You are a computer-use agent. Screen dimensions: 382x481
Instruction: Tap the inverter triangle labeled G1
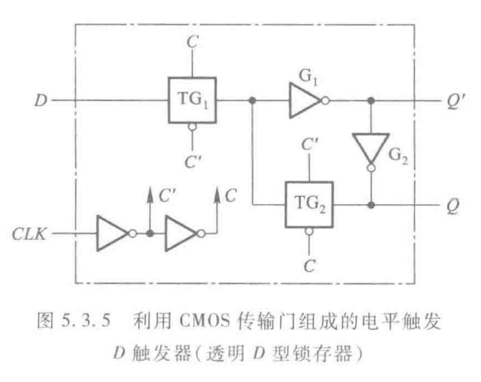coord(307,101)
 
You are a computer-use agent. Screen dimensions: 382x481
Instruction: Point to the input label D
coord(41,101)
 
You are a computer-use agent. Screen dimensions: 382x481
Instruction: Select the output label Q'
coord(451,101)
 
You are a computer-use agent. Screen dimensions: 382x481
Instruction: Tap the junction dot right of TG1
coord(251,101)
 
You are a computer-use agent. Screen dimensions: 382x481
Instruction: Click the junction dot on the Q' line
coord(371,101)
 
